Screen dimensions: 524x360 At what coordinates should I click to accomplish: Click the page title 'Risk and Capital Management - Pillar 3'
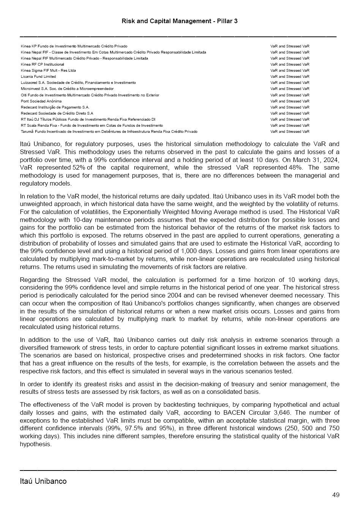point(180,21)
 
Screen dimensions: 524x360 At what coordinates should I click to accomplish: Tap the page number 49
point(336,495)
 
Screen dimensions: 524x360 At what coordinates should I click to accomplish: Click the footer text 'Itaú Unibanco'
point(43,481)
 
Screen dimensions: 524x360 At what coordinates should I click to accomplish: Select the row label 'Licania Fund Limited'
point(38,77)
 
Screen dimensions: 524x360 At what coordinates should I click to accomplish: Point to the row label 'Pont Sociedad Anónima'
point(41,101)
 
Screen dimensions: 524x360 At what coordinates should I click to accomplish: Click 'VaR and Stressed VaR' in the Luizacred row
point(290,83)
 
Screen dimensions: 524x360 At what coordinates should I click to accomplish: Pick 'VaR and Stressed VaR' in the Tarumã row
point(290,132)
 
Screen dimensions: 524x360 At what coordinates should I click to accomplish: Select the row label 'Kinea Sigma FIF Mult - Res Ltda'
point(48,71)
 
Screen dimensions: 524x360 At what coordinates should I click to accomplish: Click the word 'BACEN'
point(234,413)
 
